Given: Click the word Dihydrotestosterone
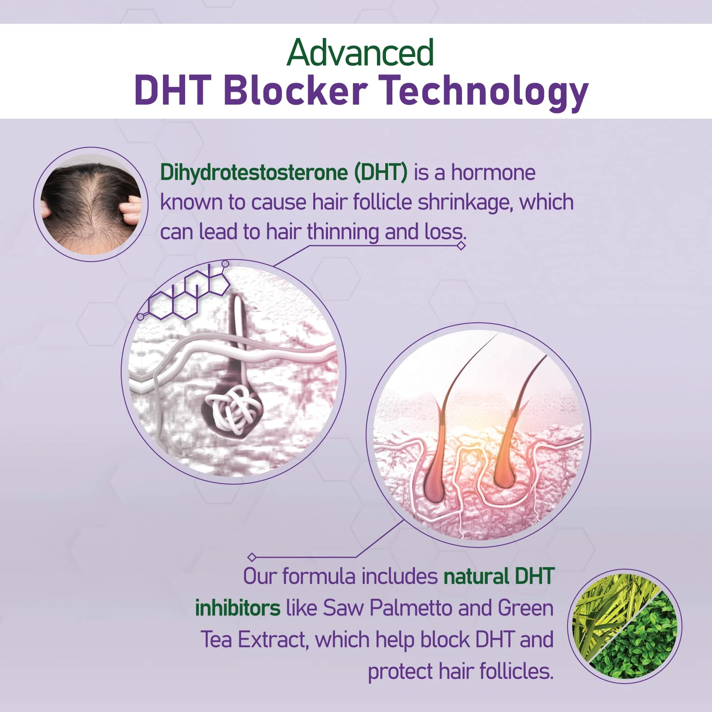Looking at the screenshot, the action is (x=254, y=173).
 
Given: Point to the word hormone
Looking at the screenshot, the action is (x=493, y=172).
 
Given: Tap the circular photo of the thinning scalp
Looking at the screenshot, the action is (x=91, y=204).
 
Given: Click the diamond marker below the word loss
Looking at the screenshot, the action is (x=461, y=246).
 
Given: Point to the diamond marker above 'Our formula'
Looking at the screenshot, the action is (x=252, y=557).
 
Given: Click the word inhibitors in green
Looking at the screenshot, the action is (x=238, y=608).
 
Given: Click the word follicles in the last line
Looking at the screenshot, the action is (x=516, y=671).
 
